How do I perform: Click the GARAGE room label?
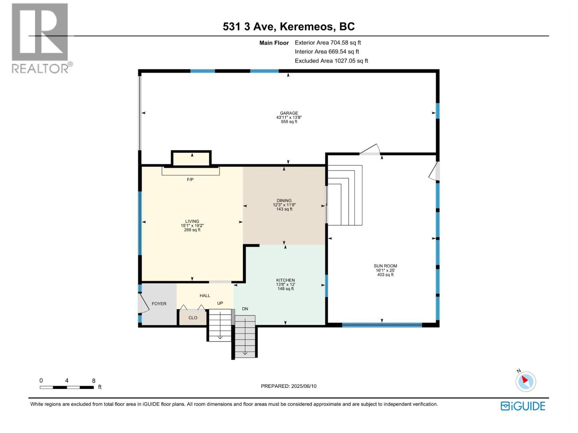pyautogui.click(x=289, y=113)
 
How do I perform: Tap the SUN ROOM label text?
pyautogui.click(x=385, y=266)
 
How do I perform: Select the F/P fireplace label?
pyautogui.click(x=190, y=179)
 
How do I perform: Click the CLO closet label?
pyautogui.click(x=193, y=318)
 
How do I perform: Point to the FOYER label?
pyautogui.click(x=159, y=304)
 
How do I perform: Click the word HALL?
pyautogui.click(x=205, y=296)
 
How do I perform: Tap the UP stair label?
pyautogui.click(x=220, y=303)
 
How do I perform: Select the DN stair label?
pyautogui.click(x=245, y=309)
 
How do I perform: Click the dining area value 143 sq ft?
pyautogui.click(x=284, y=209)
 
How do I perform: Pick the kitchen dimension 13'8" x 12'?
pyautogui.click(x=285, y=284)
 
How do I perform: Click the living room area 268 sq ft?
pyautogui.click(x=192, y=230)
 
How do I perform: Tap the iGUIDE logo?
pyautogui.click(x=523, y=406)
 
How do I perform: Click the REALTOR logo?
pyautogui.click(x=40, y=38)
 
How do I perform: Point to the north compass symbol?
pyautogui.click(x=526, y=381)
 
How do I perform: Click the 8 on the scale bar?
pyautogui.click(x=94, y=381)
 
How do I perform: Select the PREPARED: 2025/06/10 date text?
pyautogui.click(x=289, y=386)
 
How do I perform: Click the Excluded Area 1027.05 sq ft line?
pyautogui.click(x=331, y=61)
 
